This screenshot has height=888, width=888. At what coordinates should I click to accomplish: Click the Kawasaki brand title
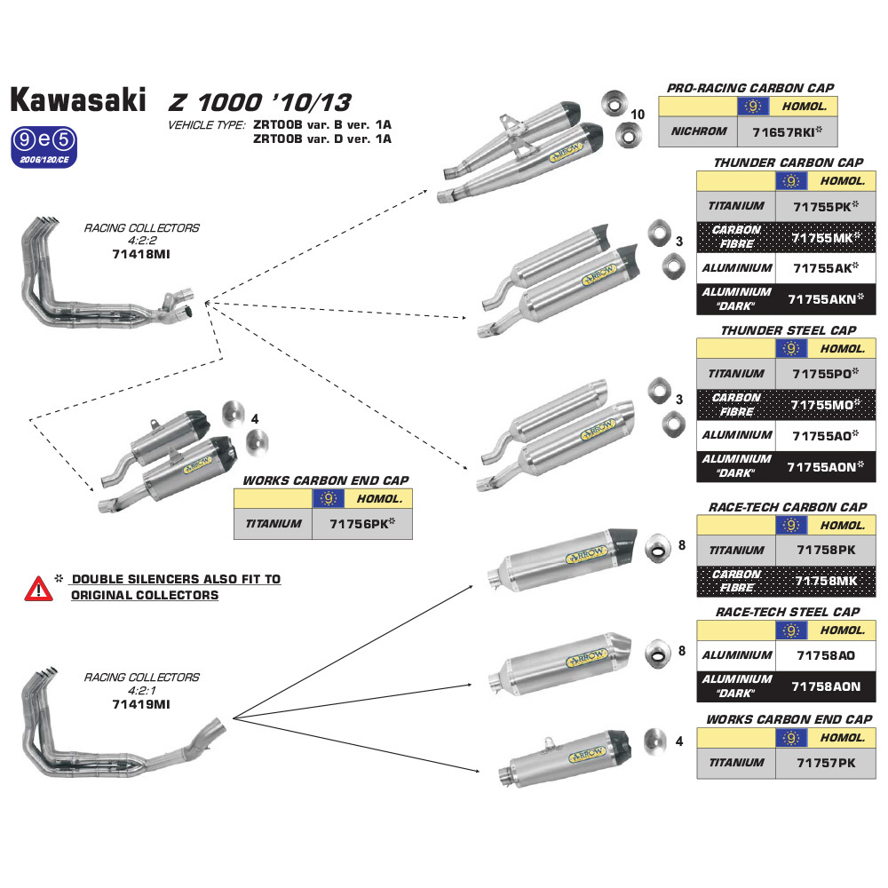click(x=78, y=99)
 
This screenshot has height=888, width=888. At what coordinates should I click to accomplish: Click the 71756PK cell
click(x=361, y=524)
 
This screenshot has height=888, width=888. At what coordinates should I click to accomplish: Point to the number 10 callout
click(x=638, y=115)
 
